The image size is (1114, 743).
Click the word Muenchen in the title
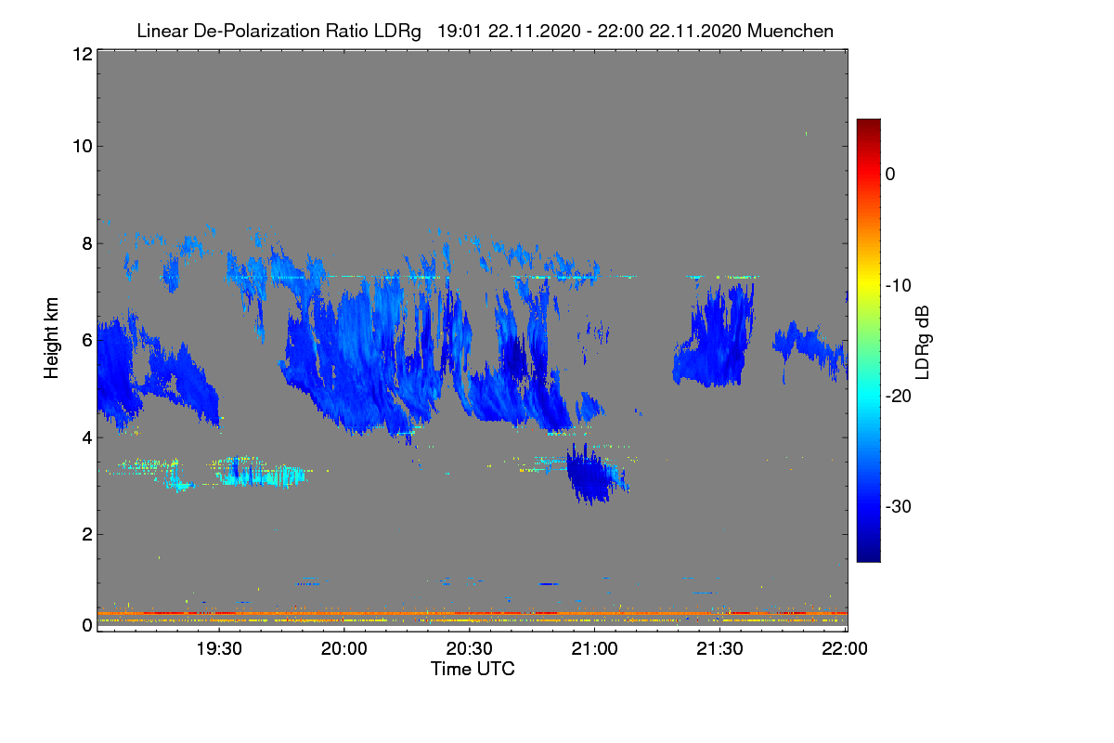pos(790,31)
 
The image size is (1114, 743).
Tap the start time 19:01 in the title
pos(460,31)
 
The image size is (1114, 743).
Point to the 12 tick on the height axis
pos(82,54)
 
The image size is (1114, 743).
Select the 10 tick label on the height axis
pos(82,146)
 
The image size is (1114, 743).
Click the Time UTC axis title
pos(473,669)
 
